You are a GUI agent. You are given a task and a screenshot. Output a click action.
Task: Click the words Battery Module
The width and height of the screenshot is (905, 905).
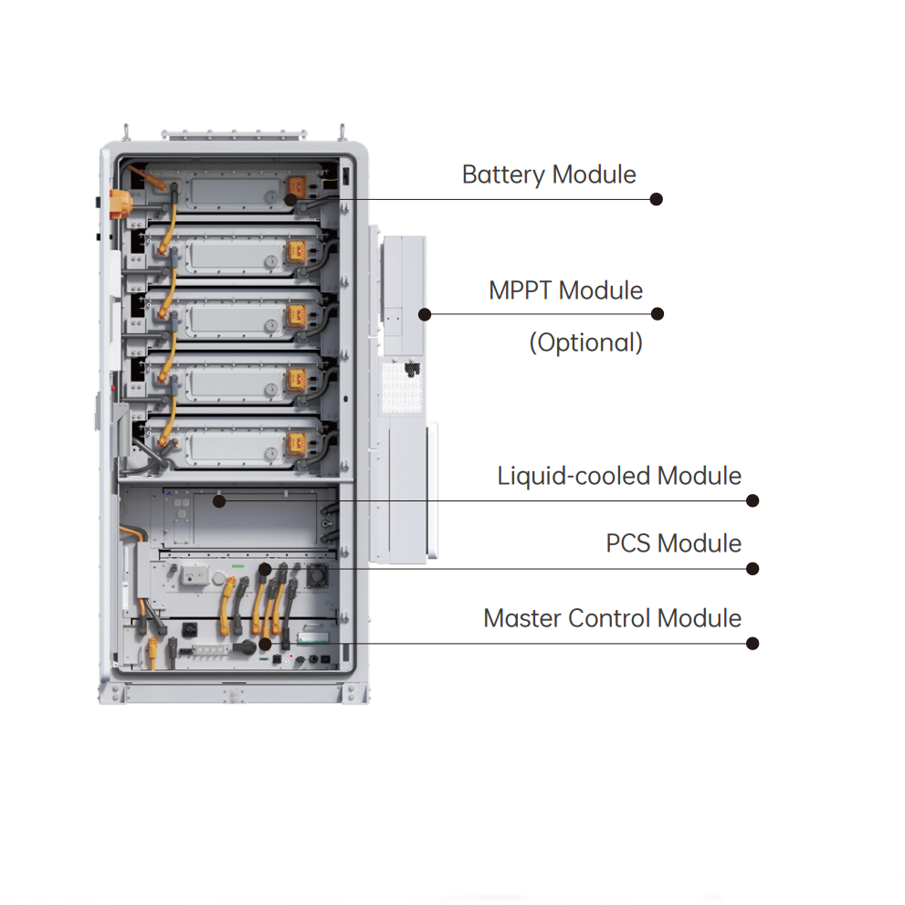click(x=549, y=174)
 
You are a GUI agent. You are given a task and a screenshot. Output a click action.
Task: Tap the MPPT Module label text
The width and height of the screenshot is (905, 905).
click(x=565, y=290)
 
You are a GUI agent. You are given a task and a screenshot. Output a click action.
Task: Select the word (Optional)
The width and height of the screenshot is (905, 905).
click(x=586, y=342)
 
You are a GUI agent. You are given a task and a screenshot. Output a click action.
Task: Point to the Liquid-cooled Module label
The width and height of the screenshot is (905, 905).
click(x=619, y=476)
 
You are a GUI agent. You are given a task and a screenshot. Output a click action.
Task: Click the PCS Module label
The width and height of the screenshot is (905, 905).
click(x=674, y=543)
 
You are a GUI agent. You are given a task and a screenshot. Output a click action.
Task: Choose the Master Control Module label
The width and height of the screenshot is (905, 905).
click(x=612, y=618)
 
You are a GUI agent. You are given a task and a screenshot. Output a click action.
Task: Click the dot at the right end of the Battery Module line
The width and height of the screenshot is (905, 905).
click(x=656, y=199)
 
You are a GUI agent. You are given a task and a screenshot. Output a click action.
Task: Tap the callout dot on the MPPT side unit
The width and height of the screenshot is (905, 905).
click(x=425, y=314)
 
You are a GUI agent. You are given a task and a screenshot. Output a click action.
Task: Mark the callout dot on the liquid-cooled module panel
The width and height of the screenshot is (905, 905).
click(x=218, y=500)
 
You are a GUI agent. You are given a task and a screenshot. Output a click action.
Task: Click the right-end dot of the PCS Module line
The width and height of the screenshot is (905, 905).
click(x=752, y=568)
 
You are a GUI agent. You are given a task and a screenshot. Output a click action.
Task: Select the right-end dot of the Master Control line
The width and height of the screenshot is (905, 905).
click(x=752, y=643)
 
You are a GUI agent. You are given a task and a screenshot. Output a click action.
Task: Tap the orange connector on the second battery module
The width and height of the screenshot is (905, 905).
click(x=297, y=251)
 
